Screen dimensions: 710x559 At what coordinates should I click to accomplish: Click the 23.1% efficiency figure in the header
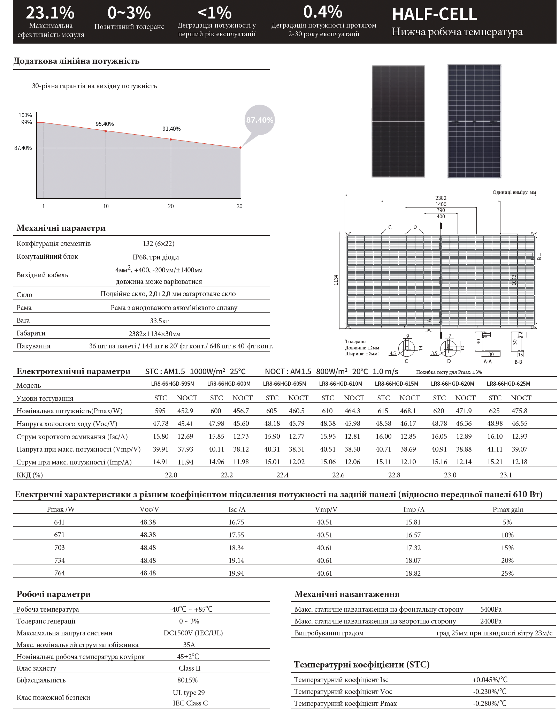point(50,13)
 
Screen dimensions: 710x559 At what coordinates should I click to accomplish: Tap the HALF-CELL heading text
point(434,14)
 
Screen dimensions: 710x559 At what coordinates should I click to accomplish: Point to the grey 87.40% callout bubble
point(260,120)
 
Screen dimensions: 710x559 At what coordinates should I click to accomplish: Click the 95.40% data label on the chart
point(105,124)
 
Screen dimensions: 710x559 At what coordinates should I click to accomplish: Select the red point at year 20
point(171,139)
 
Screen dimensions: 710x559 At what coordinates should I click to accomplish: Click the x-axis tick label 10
point(106,206)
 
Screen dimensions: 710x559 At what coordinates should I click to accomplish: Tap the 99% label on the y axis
point(26,122)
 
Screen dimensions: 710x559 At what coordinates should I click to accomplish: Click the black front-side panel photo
point(398,121)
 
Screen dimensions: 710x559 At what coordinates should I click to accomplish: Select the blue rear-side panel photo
point(474,121)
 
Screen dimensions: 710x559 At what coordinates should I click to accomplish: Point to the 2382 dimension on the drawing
point(441,198)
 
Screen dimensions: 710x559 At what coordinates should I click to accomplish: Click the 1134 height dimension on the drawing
point(336,280)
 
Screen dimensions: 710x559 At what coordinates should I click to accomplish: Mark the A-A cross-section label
point(488,362)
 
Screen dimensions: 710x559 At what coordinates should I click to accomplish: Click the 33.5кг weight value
point(159,321)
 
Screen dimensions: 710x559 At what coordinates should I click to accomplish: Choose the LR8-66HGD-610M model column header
point(340,384)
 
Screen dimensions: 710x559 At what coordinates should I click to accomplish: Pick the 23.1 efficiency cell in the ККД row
point(506,475)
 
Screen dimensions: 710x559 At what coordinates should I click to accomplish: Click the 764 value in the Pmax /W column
point(60,573)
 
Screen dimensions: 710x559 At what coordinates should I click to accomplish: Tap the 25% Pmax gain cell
point(507,573)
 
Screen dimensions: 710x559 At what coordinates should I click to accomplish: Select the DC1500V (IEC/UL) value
point(193,633)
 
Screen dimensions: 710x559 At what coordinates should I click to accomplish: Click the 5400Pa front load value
point(491,609)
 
